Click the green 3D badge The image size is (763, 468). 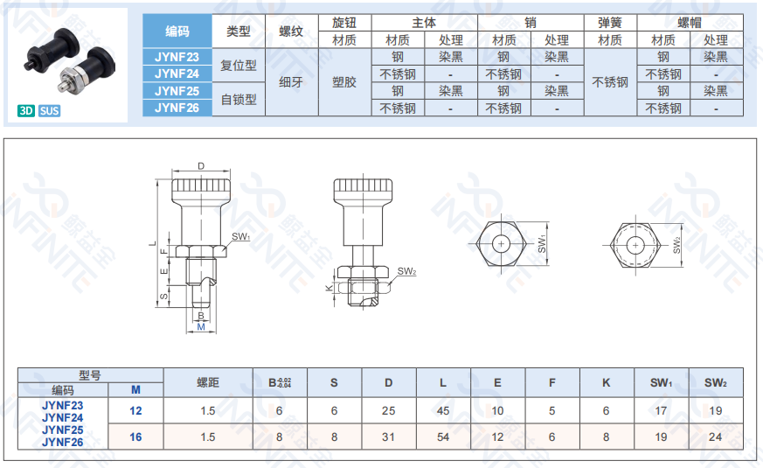[x=26, y=110]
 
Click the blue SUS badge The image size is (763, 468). [x=49, y=110]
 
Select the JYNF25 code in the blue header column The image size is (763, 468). [x=177, y=91]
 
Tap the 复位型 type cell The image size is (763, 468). [x=239, y=66]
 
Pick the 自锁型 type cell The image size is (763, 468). [x=239, y=100]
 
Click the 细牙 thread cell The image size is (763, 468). [x=291, y=82]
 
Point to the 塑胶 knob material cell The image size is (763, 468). [x=344, y=82]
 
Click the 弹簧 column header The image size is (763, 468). [x=610, y=23]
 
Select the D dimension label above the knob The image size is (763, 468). [x=201, y=166]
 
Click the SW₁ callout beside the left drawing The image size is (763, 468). [x=240, y=237]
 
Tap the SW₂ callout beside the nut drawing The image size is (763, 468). [x=406, y=271]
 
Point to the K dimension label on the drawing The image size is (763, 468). [x=329, y=289]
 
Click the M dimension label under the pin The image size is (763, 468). [x=201, y=327]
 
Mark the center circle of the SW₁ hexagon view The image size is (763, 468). [x=501, y=243]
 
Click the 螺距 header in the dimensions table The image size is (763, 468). [x=208, y=383]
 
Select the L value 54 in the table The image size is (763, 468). [x=443, y=437]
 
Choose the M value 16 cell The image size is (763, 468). [x=135, y=437]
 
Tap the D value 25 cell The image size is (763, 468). [x=388, y=410]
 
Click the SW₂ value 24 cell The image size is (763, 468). [x=715, y=437]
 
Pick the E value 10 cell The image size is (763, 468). [x=497, y=410]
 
